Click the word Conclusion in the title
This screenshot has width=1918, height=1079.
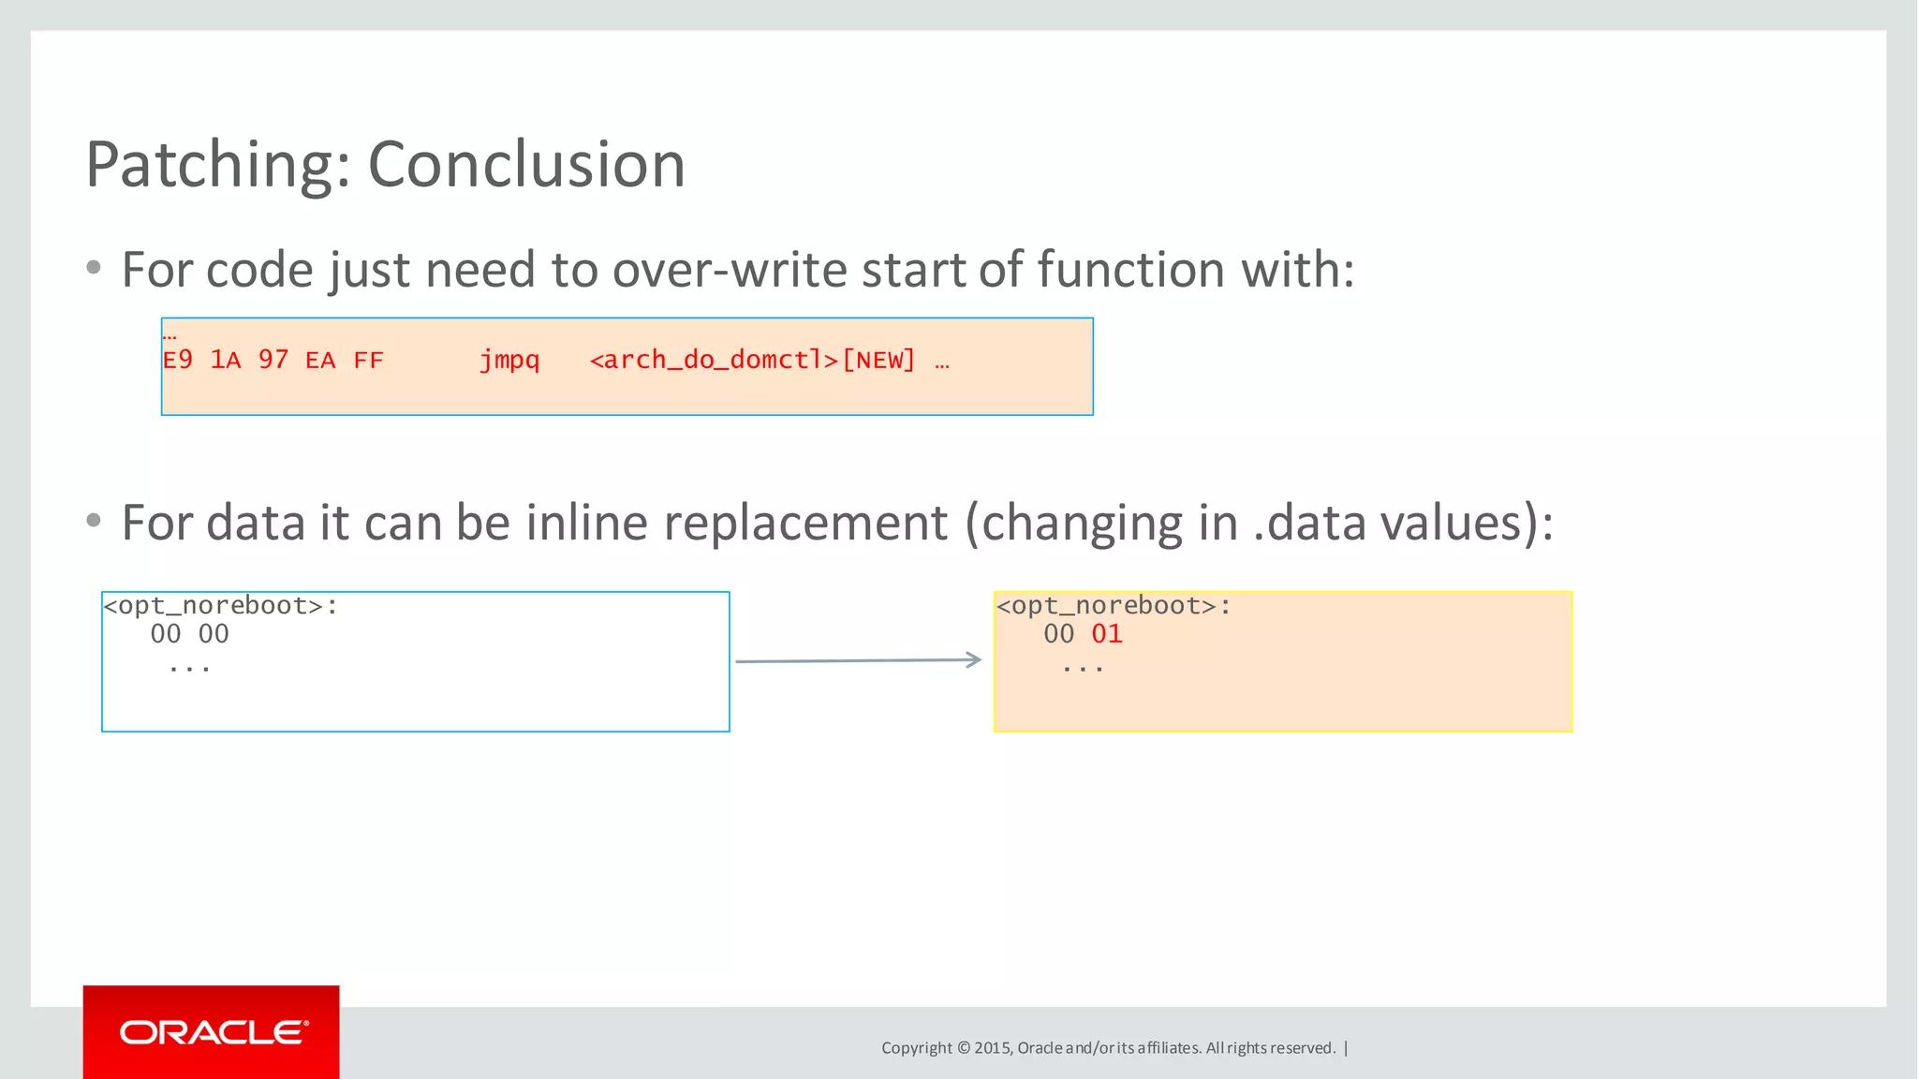tap(526, 165)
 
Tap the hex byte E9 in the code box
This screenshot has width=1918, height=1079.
tap(178, 361)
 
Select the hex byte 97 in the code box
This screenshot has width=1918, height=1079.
tap(273, 361)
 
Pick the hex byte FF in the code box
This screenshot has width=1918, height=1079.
tap(369, 361)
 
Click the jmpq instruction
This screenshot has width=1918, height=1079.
tap(509, 361)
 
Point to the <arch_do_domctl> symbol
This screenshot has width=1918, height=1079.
tap(714, 361)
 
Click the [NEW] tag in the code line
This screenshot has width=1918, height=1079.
tap(878, 361)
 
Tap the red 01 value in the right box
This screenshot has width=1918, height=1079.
tap(1107, 634)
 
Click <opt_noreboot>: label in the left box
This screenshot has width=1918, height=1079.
tap(221, 606)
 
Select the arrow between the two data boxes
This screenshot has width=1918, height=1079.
tap(858, 660)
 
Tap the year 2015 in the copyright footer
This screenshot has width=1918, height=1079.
tap(992, 1048)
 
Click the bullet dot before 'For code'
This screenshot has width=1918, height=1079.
tap(94, 269)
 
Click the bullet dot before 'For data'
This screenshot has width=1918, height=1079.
tap(94, 521)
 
